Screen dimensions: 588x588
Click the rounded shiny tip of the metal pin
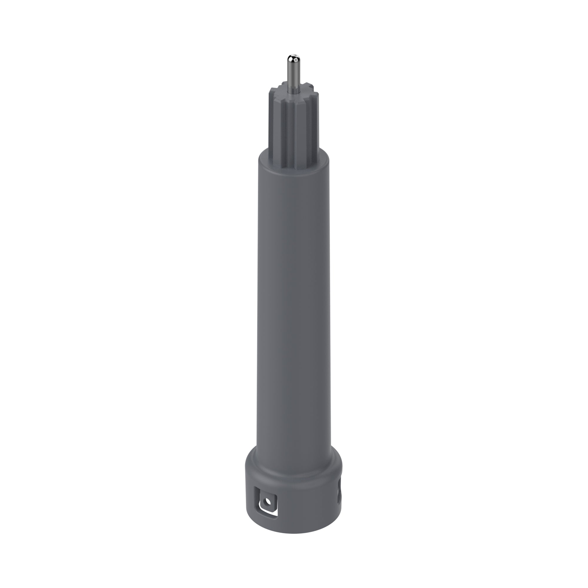coord(294,58)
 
